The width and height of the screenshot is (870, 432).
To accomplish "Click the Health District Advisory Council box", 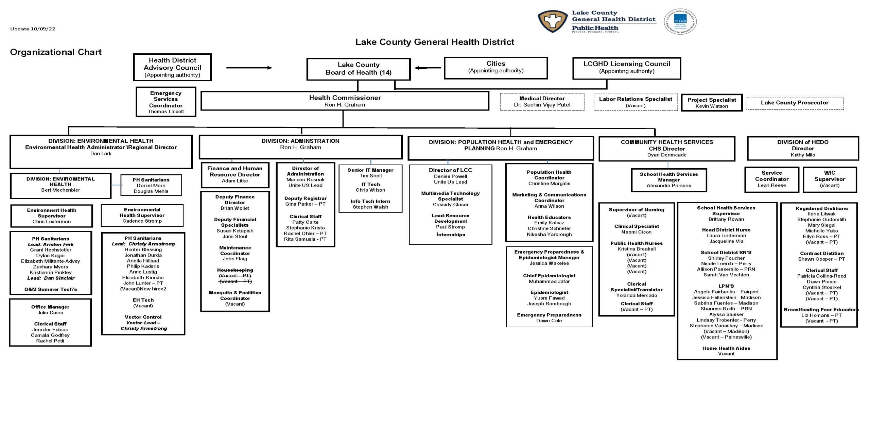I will [x=172, y=67].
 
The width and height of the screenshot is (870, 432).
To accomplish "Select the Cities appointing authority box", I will [x=495, y=68].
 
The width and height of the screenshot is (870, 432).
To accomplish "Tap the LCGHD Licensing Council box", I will [x=626, y=68].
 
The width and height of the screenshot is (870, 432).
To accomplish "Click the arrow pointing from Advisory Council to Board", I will [x=249, y=68].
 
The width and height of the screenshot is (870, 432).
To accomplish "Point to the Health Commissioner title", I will [x=345, y=98].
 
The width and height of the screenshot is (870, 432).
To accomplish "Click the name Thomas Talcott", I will [x=166, y=111].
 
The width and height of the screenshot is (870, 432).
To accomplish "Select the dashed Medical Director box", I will [x=542, y=102].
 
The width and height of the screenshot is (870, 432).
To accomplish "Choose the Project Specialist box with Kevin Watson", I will [x=711, y=103].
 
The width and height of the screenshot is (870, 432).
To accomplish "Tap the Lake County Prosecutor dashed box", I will [x=794, y=103].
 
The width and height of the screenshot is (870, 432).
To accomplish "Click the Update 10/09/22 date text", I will [x=33, y=29].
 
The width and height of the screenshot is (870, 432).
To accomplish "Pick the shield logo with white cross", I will [x=552, y=21].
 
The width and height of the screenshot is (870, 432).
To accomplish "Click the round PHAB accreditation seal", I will [x=680, y=21].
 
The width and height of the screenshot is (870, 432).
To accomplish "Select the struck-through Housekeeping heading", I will [x=235, y=270].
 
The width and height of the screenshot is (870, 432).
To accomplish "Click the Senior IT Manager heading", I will [x=370, y=170].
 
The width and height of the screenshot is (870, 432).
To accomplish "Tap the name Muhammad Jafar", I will [x=549, y=281].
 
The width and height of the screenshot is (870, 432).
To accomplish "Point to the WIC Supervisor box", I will [x=829, y=179].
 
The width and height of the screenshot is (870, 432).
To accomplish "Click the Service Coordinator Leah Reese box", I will [x=771, y=179].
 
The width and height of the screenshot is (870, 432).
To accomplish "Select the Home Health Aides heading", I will [x=726, y=348].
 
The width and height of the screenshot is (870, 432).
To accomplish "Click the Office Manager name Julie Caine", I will [x=50, y=313].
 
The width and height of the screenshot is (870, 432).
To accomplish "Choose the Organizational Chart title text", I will [x=56, y=52].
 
